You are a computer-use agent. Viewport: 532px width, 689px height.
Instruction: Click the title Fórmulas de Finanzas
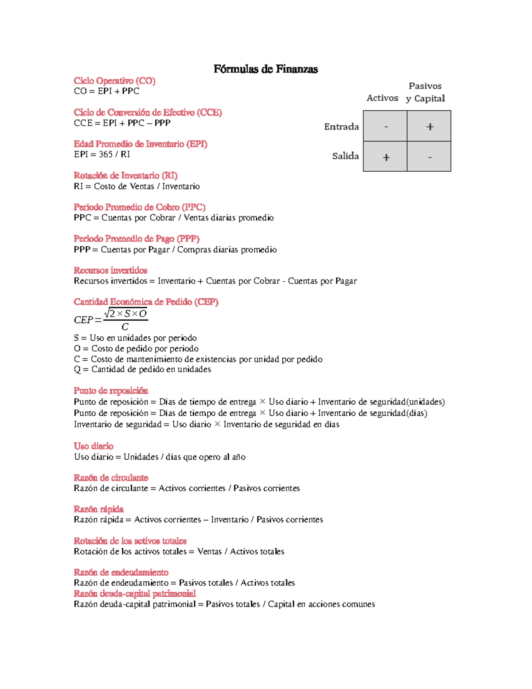pos(266,69)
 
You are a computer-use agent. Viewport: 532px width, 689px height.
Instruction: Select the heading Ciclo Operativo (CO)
pos(114,81)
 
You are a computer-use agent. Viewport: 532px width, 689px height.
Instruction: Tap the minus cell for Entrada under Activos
pos(385,126)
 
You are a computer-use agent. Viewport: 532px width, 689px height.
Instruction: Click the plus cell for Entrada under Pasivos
pos(429,126)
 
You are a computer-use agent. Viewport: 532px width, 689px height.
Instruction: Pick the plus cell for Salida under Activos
pos(385,157)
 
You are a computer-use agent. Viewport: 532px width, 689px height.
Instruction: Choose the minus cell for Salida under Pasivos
pos(429,157)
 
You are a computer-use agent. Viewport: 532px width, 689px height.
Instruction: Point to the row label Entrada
pos(341,127)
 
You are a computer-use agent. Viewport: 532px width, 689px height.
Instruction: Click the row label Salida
pos(345,156)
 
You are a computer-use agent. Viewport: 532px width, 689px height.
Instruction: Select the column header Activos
pos(382,98)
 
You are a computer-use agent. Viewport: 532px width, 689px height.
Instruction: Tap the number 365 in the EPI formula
pos(106,154)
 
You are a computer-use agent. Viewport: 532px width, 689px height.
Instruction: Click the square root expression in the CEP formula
pos(125,314)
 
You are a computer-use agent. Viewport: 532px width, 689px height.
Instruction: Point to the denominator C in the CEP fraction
pos(125,327)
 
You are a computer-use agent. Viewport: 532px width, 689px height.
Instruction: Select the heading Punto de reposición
pos(111,391)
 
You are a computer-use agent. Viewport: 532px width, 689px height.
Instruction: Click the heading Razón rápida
pos(98,509)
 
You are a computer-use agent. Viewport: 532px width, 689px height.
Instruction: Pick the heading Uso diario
pos(94,446)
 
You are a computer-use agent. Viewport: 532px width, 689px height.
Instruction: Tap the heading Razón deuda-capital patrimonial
pos(134,594)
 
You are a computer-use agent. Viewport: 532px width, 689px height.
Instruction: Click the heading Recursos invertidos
pos(110,271)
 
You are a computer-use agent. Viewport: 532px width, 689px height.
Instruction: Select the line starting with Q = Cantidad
pos(142,370)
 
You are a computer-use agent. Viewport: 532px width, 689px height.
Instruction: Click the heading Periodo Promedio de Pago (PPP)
pos(137,239)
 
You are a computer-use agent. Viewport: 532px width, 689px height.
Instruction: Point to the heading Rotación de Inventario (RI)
pos(125,176)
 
